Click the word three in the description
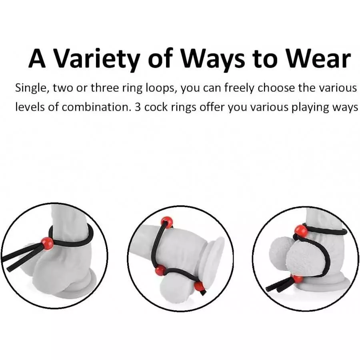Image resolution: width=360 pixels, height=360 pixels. point(104,88)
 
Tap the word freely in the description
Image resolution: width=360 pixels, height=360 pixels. point(238,88)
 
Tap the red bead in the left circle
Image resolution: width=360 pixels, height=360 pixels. point(48,243)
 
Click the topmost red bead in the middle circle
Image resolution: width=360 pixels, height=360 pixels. point(166,222)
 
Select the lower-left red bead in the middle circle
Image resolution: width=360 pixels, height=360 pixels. point(160,270)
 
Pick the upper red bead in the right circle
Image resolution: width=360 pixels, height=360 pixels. point(301,231)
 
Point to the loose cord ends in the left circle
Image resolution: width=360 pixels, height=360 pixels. point(14,262)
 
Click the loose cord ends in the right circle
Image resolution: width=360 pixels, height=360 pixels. point(276,286)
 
